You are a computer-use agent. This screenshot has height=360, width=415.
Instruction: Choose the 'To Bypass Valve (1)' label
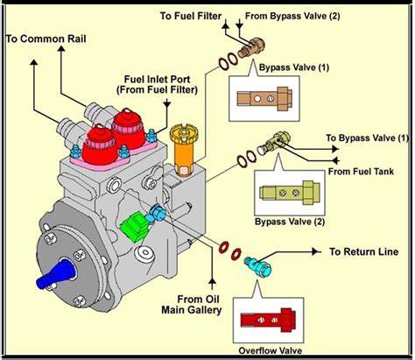pos(367,138)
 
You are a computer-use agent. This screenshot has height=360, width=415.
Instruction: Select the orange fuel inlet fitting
pos(185,145)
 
